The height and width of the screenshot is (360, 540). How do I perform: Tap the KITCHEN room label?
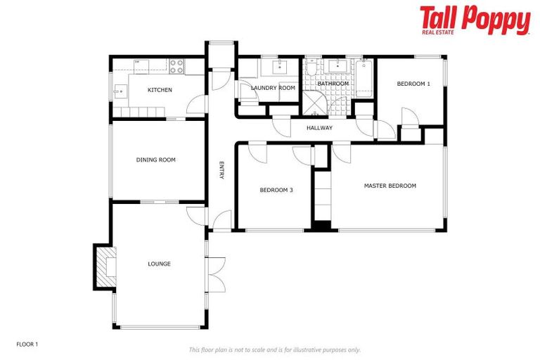tap(160, 90)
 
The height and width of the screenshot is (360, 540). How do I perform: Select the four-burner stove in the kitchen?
tap(176, 67)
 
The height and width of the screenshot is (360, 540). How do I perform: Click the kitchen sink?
tap(120, 91)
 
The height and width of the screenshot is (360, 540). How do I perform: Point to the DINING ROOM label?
tap(155, 160)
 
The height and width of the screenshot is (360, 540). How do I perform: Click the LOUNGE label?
tap(159, 264)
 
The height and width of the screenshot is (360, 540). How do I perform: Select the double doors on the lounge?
tap(215, 274)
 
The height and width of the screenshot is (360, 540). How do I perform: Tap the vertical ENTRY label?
tap(221, 171)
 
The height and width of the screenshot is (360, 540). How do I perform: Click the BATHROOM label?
tap(333, 84)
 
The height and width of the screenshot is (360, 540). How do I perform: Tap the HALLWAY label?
tap(319, 128)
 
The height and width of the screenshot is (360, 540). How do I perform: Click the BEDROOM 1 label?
tap(413, 84)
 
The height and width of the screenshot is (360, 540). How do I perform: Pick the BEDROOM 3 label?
tap(276, 190)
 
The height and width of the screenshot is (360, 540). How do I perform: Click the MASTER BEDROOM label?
tap(390, 186)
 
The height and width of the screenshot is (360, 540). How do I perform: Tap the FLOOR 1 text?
tap(27, 345)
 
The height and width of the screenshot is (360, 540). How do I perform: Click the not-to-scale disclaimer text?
tap(275, 349)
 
